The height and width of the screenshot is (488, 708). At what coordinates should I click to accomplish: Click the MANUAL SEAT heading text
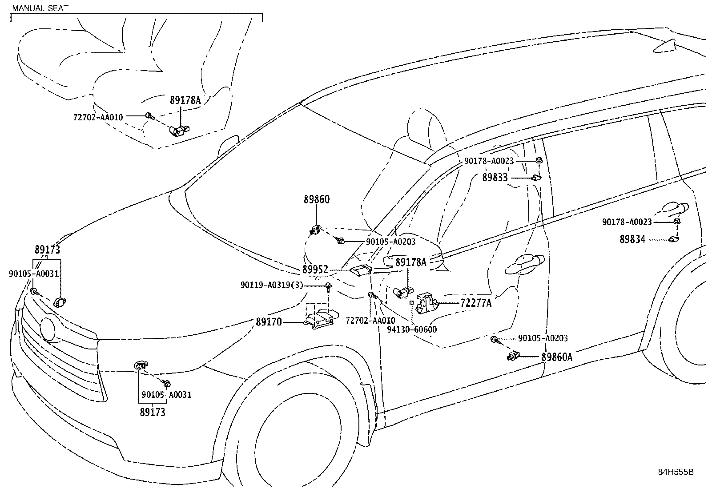pos(40,8)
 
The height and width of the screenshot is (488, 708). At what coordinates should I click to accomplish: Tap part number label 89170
pos(269,321)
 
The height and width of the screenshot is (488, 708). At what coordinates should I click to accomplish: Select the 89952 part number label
pos(315,270)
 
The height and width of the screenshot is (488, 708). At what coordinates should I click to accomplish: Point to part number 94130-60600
pos(411,329)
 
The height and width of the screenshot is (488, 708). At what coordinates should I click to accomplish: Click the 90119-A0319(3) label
pos(272,286)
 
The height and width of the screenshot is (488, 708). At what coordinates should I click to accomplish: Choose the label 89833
pos(495,178)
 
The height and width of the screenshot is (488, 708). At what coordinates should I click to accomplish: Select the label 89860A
pos(557,357)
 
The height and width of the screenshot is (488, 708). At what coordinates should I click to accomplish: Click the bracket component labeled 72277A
pos(427,302)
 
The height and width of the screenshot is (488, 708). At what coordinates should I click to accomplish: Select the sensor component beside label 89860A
pos(513,356)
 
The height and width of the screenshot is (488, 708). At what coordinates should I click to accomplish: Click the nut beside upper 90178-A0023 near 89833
pos(538,161)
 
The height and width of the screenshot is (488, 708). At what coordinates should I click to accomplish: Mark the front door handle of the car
pos(525,264)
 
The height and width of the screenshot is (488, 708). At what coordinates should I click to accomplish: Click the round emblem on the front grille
pos(47,329)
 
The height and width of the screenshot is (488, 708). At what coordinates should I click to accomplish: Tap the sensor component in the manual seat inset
pos(179,130)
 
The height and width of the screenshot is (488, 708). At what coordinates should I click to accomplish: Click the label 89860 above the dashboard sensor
pos(317,199)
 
